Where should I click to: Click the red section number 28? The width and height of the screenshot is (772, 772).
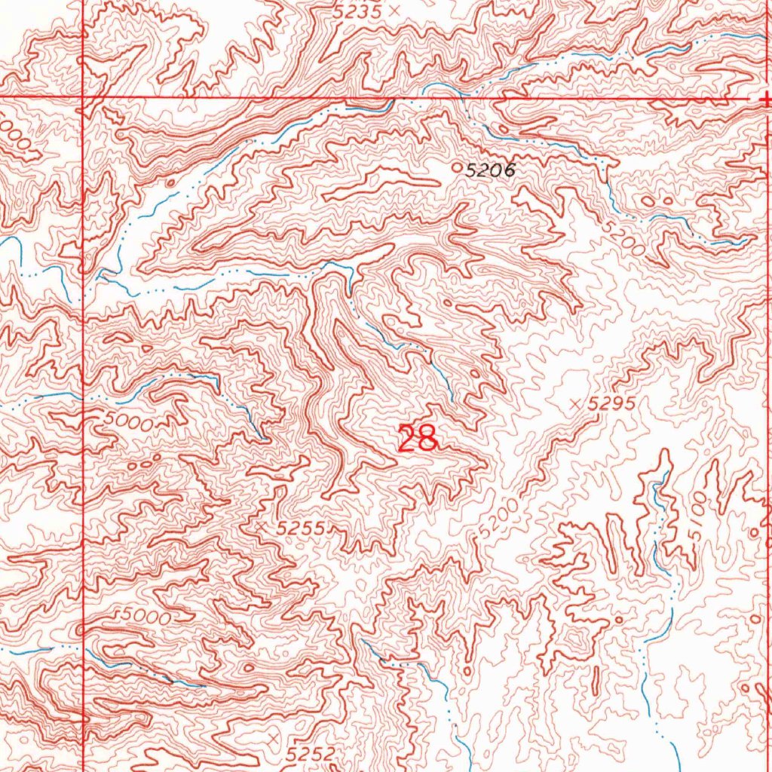(418, 439)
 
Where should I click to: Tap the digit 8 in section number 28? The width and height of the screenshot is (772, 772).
(427, 439)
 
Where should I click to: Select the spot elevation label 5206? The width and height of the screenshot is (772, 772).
(489, 171)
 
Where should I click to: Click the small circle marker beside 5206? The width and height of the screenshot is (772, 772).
(455, 167)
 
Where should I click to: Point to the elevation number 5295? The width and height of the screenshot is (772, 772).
(613, 404)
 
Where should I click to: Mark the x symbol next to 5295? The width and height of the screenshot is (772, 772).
(577, 404)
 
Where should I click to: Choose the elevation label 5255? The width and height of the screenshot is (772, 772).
(301, 529)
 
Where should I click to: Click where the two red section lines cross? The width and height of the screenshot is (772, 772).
(82, 98)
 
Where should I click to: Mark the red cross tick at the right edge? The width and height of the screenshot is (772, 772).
(766, 98)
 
